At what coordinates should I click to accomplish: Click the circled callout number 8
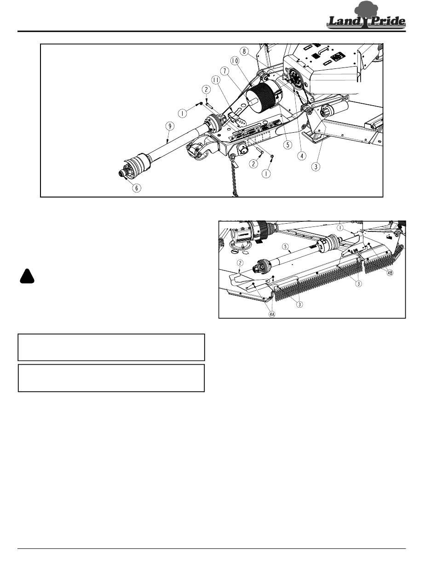244,51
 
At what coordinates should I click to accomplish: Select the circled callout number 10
235,61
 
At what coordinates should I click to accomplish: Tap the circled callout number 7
225,71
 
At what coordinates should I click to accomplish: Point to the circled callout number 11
216,80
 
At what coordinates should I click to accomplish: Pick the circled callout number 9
170,126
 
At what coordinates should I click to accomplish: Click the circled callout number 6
137,188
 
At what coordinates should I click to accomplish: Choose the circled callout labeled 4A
271,314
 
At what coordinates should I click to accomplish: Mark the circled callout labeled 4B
390,273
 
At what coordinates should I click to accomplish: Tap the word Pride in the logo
388,21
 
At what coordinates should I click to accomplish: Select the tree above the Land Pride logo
366,9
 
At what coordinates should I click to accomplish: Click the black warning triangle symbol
27,276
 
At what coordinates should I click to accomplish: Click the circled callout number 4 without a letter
302,156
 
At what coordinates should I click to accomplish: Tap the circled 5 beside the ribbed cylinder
288,145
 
